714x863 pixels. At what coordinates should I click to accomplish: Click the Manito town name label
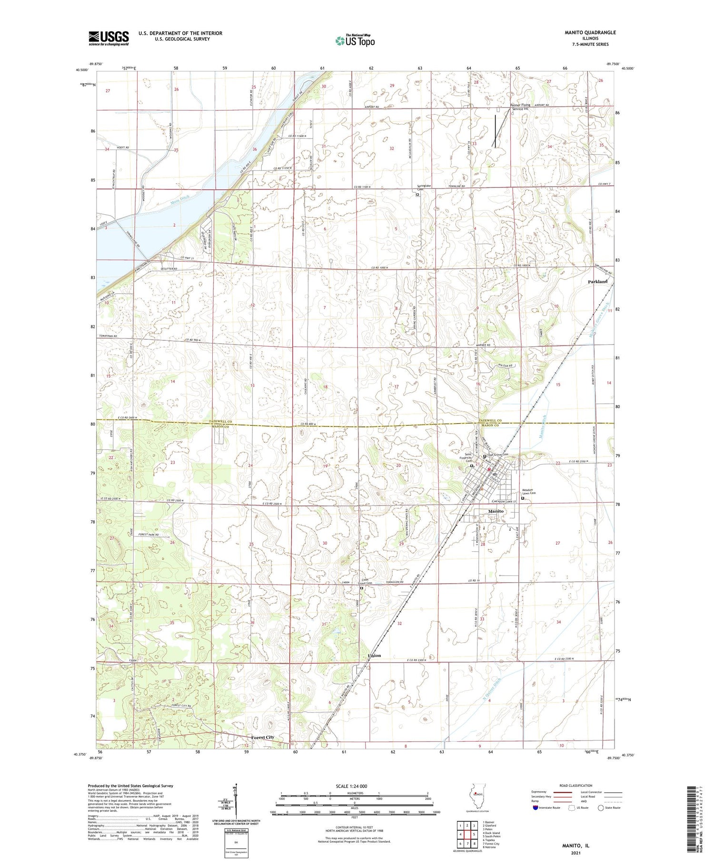point(496,511)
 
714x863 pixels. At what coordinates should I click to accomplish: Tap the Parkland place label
point(597,282)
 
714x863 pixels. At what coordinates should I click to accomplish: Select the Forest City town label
point(263,737)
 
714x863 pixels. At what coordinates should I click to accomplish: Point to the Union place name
point(374,655)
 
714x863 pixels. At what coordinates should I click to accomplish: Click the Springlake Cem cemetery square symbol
point(418,194)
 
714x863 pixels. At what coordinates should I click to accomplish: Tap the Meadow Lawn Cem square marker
point(522,498)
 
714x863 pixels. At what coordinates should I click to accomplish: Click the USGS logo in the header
point(109,38)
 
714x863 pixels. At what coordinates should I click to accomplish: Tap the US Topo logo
point(355,41)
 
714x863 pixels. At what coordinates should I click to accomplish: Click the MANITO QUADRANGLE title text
point(590,32)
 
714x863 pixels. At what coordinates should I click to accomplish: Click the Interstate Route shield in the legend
point(535,808)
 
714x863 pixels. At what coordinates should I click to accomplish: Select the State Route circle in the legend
point(601,808)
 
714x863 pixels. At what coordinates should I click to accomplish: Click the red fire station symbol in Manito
point(488,468)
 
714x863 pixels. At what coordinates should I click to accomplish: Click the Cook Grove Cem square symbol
point(361,588)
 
